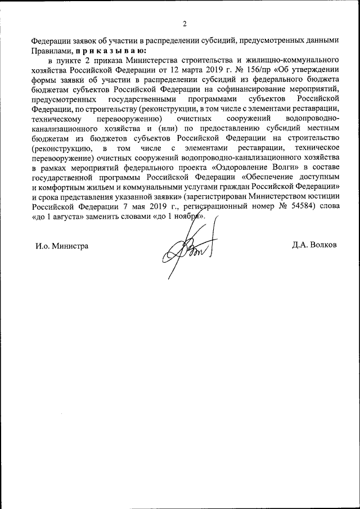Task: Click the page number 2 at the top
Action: pos(184,24)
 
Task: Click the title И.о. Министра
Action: pos(61,246)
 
